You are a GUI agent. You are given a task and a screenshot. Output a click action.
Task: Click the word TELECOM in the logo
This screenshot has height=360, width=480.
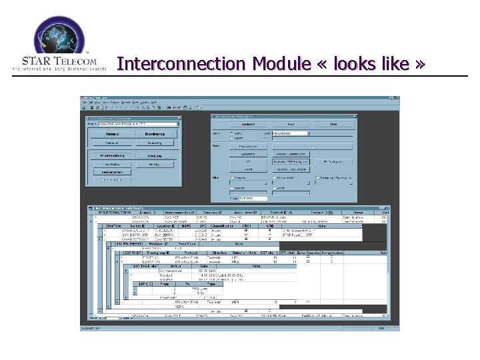tap(75, 61)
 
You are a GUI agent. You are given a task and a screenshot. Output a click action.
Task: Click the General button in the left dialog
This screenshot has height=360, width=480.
tap(111, 133)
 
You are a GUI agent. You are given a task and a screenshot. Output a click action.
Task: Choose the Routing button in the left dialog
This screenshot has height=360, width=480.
tap(155, 155)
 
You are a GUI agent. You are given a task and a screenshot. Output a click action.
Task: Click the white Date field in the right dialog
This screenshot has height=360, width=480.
tap(251, 198)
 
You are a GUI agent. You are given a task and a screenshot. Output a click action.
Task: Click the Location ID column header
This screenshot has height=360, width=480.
tap(167, 227)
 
